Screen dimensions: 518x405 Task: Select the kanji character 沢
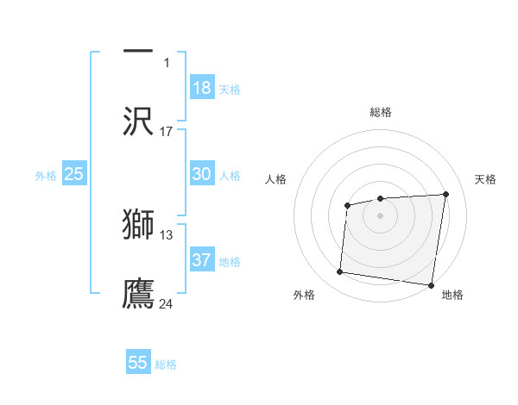point(138,121)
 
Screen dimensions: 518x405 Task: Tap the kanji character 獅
point(138,224)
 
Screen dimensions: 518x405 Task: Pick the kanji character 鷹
point(138,293)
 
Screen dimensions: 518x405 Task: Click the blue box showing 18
point(202,88)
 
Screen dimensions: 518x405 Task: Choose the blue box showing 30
point(202,174)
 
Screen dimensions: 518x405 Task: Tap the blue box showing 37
point(202,260)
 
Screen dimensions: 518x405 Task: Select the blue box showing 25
point(74,174)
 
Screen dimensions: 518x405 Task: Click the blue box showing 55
point(138,363)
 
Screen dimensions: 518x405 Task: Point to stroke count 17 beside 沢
point(167,131)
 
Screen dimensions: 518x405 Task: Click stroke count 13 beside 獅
point(167,234)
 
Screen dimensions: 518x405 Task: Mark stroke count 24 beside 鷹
point(167,303)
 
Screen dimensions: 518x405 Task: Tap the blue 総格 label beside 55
point(166,364)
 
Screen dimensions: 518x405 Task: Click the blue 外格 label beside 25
point(46,176)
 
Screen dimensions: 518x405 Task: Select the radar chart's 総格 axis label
point(381,112)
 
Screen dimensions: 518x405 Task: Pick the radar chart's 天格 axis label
point(486,179)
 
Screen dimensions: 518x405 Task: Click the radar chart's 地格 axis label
point(452,296)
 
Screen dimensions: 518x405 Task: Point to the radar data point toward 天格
point(445,194)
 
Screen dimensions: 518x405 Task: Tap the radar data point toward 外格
point(339,272)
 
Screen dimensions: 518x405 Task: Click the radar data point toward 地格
point(431,285)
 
